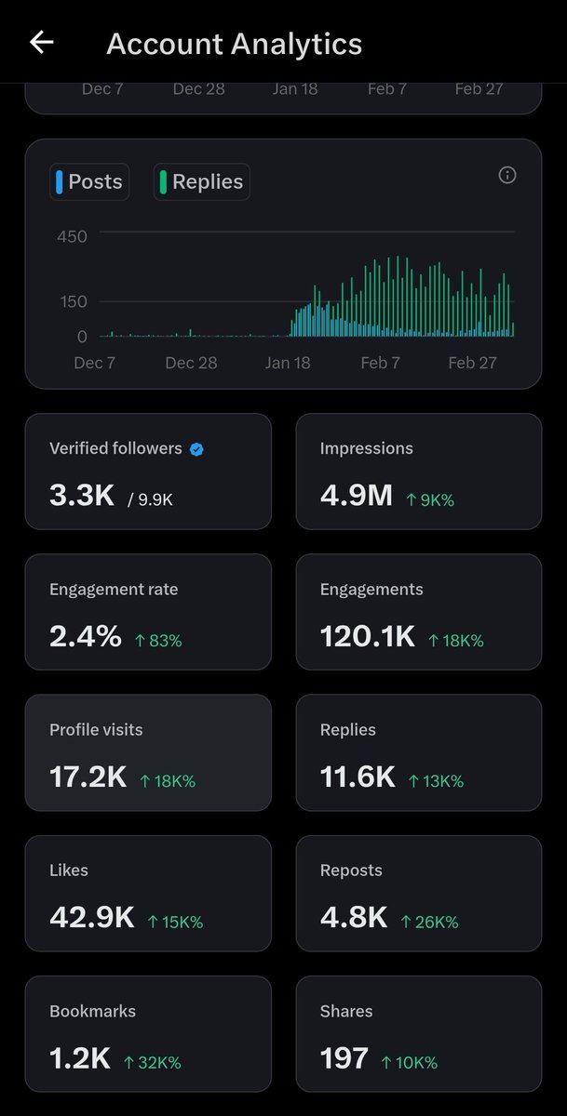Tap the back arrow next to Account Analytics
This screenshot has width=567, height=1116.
[x=42, y=43]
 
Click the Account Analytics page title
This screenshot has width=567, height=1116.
[x=234, y=44]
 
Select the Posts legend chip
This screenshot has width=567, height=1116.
[x=88, y=181]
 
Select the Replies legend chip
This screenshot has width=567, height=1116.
[x=201, y=181]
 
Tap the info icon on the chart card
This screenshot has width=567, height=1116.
[x=507, y=175]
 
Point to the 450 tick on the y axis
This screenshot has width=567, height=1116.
[x=72, y=236]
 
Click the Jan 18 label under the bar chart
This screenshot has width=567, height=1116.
[x=289, y=363]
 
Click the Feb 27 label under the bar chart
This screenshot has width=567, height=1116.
[x=472, y=363]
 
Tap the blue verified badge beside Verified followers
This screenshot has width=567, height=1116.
[x=196, y=449]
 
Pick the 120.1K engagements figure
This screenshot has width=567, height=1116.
[x=367, y=637]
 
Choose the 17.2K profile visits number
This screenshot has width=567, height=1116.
[x=88, y=777]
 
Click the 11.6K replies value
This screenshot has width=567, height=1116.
[x=358, y=777]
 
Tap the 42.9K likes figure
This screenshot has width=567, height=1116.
[x=91, y=918]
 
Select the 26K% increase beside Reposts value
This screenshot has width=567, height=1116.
[x=429, y=922]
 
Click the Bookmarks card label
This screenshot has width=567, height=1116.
[x=92, y=1011]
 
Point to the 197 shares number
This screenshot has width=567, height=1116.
[x=344, y=1058]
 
